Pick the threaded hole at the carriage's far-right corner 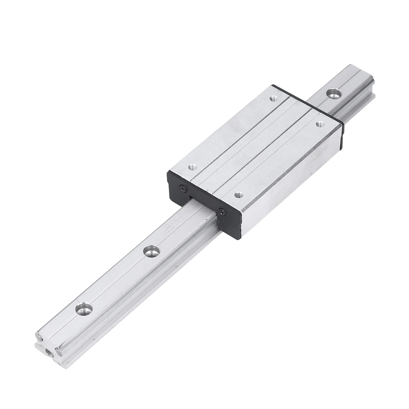click(x=319, y=124)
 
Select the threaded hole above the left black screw click(x=192, y=168)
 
